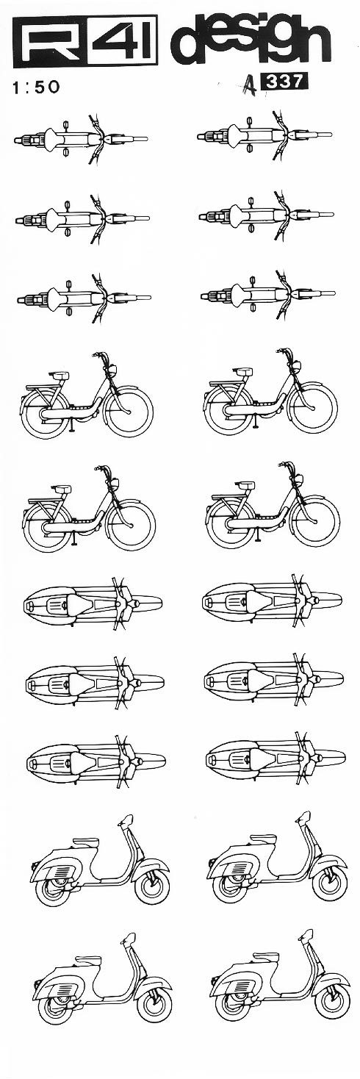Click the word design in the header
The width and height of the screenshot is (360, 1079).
coord(251,41)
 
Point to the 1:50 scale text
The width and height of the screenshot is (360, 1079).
coord(36,87)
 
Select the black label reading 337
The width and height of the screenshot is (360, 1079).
coord(282,82)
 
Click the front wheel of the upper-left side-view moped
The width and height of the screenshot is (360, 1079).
coord(129,412)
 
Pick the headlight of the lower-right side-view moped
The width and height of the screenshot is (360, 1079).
coord(298,480)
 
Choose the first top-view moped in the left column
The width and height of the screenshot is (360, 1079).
coord(80,140)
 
